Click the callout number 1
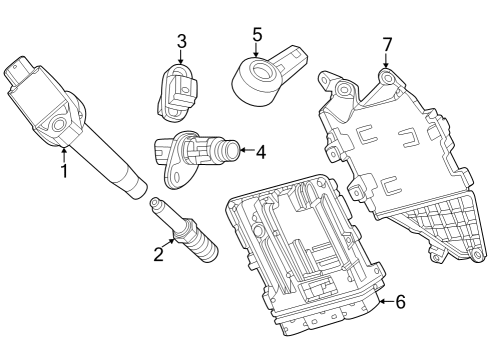click(64, 171)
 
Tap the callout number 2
click(159, 254)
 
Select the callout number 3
click(181, 41)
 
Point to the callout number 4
click(261, 152)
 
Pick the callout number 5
click(257, 34)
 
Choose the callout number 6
click(400, 302)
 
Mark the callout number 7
click(387, 45)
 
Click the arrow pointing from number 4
click(246, 150)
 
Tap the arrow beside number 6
click(386, 301)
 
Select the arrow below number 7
click(386, 61)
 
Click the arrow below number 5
click(256, 50)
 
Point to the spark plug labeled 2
click(184, 231)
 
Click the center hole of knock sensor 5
click(261, 71)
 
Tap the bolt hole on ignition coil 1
click(59, 125)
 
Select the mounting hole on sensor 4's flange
click(176, 176)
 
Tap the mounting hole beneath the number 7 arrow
click(387, 79)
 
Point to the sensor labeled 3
click(176, 93)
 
